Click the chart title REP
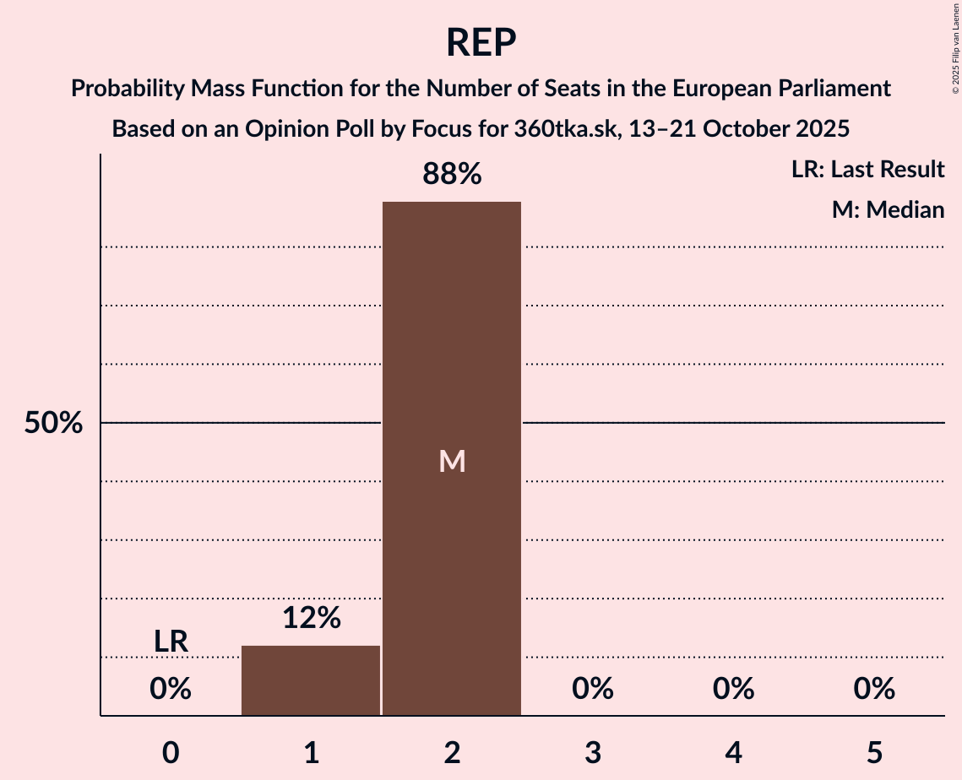pos(481,42)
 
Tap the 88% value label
pos(452,175)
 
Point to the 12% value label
pos(311,619)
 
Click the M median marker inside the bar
pos(452,461)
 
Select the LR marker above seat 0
pos(171,642)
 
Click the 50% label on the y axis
pos(53,423)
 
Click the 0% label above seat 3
pos(593,690)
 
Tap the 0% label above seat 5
pos(874,690)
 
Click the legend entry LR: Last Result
pos(867,170)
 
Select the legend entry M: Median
pos(888,209)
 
